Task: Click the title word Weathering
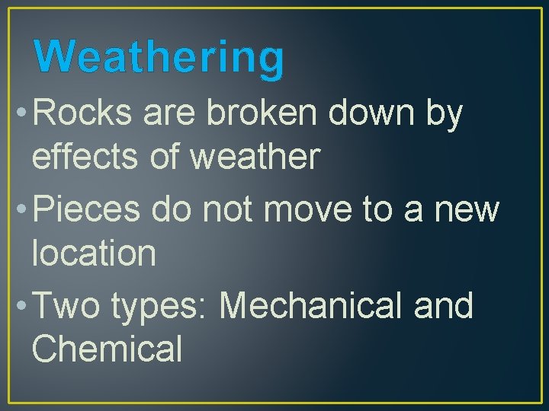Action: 159,57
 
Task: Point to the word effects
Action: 79,156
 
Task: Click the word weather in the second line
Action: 254,156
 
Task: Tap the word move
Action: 313,208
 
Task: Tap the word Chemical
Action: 107,349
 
